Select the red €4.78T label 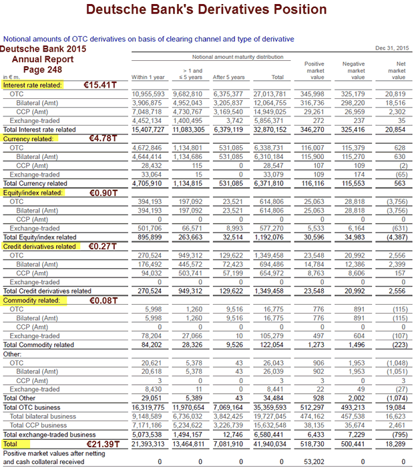click(102, 138)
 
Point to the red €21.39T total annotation click(103, 444)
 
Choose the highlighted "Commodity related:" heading click(31, 301)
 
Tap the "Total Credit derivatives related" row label click(47, 291)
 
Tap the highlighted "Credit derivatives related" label click(39, 246)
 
